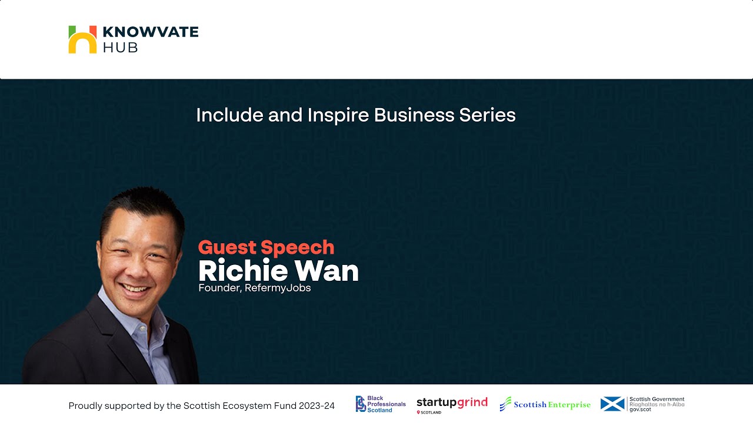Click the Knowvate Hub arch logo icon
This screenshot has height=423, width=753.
(x=82, y=40)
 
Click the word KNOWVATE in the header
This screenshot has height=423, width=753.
(x=151, y=32)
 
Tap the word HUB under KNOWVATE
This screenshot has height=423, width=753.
(x=120, y=48)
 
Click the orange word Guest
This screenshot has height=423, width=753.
(x=227, y=247)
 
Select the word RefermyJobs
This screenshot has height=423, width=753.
(x=278, y=288)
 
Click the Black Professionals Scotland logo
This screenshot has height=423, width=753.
(x=381, y=404)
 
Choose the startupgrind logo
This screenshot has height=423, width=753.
(x=452, y=404)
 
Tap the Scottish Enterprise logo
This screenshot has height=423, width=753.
(x=545, y=404)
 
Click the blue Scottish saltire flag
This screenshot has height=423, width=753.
(x=612, y=404)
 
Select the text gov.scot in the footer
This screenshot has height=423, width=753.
(x=640, y=409)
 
